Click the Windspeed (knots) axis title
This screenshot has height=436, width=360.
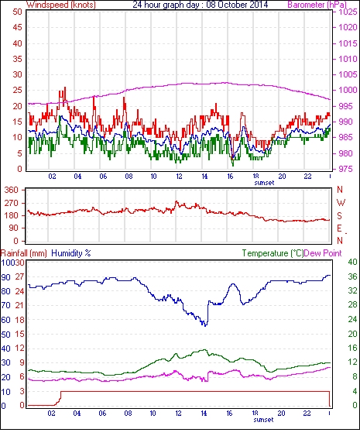coord(61,5)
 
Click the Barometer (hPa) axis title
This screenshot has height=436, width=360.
coord(317,5)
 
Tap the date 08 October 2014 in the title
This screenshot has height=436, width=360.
coord(237,5)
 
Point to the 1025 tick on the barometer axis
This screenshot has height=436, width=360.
coord(348,12)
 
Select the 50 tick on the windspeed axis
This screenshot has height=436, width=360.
coord(17,12)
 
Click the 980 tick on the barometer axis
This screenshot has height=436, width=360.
coord(345,153)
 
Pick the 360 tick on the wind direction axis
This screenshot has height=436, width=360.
coord(11,191)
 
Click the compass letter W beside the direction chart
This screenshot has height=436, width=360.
coord(341,203)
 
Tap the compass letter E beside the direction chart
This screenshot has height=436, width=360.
coord(339,228)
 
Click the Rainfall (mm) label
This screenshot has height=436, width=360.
coord(24,253)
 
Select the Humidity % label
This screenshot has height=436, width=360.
coord(71,253)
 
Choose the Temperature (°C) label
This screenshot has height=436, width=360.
coord(273,253)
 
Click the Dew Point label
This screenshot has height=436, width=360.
coord(323,253)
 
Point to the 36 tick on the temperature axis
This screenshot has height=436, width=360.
coord(352,276)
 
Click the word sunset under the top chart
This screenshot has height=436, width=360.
coord(264,183)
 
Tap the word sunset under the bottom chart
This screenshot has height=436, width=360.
coord(263,420)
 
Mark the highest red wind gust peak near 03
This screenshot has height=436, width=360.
coord(65,88)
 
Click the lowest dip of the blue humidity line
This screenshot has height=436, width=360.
coord(205,325)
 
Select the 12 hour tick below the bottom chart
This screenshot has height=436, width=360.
coord(178,414)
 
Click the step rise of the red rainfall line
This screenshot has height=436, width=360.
coord(60,397)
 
